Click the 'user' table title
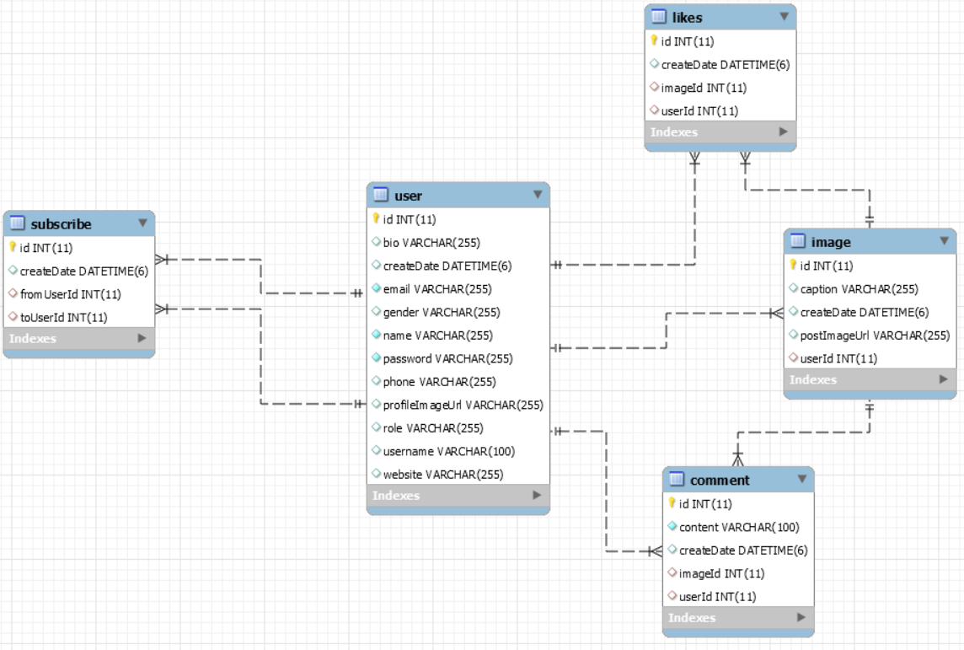[408, 196]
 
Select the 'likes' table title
[687, 17]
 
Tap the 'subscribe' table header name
[61, 224]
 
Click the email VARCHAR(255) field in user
[436, 289]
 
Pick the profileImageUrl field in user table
[463, 405]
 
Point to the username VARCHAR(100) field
[448, 451]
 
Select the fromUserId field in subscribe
[70, 294]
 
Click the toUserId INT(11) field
[63, 317]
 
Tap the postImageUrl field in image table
[874, 335]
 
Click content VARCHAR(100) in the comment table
[739, 527]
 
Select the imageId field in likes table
[704, 88]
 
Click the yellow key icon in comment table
[672, 503]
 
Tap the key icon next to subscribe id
[13, 248]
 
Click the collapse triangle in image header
[944, 241]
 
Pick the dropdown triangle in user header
[538, 195]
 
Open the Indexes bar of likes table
[720, 132]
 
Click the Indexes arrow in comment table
[801, 617]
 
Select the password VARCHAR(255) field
[447, 358]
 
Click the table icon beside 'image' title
[797, 242]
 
